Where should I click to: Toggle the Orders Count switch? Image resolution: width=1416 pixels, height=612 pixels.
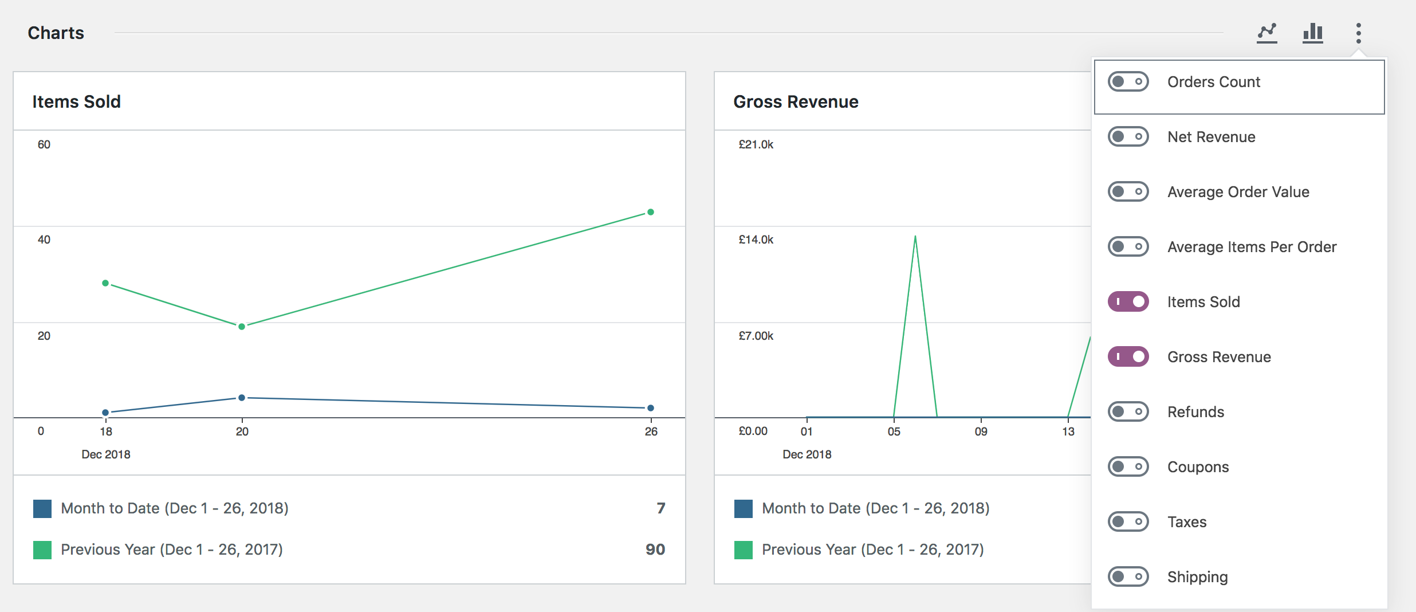[1128, 82]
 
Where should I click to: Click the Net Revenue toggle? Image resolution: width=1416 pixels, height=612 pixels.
[1128, 137]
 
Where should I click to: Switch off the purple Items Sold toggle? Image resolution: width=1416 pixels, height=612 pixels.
[1128, 302]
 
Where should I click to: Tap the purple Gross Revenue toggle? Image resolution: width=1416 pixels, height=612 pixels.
[1128, 357]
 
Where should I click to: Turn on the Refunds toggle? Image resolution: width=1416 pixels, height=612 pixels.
[1128, 412]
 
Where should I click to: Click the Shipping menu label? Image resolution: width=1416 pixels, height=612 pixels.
[1197, 577]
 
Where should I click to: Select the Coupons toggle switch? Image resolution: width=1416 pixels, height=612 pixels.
[1128, 467]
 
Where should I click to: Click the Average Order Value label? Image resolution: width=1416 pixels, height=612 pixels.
[1238, 192]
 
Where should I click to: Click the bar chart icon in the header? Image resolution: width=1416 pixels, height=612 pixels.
[1312, 33]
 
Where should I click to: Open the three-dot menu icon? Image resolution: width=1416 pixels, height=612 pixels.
[1358, 33]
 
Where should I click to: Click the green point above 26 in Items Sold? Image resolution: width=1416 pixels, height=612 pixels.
[651, 212]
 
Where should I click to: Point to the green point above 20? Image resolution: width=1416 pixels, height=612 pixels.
[242, 327]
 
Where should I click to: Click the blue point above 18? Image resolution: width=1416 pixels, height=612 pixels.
[105, 413]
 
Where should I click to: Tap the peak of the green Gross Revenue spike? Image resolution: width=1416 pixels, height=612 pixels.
[915, 237]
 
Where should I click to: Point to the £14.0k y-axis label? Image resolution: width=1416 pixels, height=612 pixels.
[756, 240]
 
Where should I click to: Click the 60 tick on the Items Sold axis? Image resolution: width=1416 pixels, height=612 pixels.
[44, 144]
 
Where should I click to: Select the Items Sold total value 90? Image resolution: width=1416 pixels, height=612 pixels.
[655, 550]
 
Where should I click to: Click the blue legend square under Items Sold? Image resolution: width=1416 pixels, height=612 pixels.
[42, 509]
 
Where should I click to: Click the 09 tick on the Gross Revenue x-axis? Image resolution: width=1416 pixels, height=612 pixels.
[981, 431]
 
